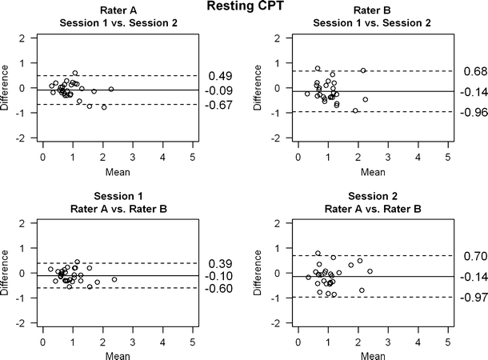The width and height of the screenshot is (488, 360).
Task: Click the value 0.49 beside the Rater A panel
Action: [220, 76]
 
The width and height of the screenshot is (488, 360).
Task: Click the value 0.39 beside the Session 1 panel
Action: [220, 263]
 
